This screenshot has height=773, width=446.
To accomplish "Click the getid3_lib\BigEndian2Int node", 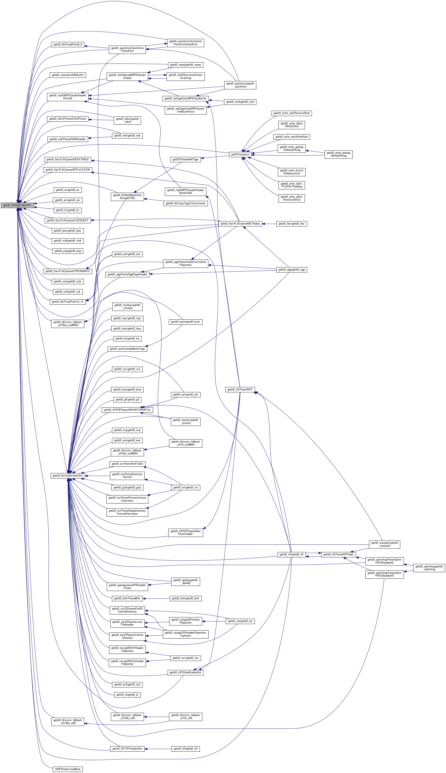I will click(x=17, y=205).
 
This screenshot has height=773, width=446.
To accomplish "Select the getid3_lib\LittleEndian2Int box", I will click(x=68, y=475).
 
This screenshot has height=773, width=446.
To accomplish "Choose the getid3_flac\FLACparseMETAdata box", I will click(x=240, y=224).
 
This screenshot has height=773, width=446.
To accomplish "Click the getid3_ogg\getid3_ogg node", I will click(x=291, y=270).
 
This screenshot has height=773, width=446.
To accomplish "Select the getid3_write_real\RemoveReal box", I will click(x=291, y=113).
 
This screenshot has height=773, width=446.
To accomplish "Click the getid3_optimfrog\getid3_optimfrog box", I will click(x=429, y=568).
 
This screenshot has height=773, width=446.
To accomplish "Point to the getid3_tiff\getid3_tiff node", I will click(x=186, y=749).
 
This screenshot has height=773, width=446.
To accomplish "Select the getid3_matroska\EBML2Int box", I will click(x=68, y=75).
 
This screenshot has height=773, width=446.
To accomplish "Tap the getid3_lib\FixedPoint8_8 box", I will click(x=68, y=44).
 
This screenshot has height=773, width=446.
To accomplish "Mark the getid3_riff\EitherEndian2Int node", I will click(x=186, y=672).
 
